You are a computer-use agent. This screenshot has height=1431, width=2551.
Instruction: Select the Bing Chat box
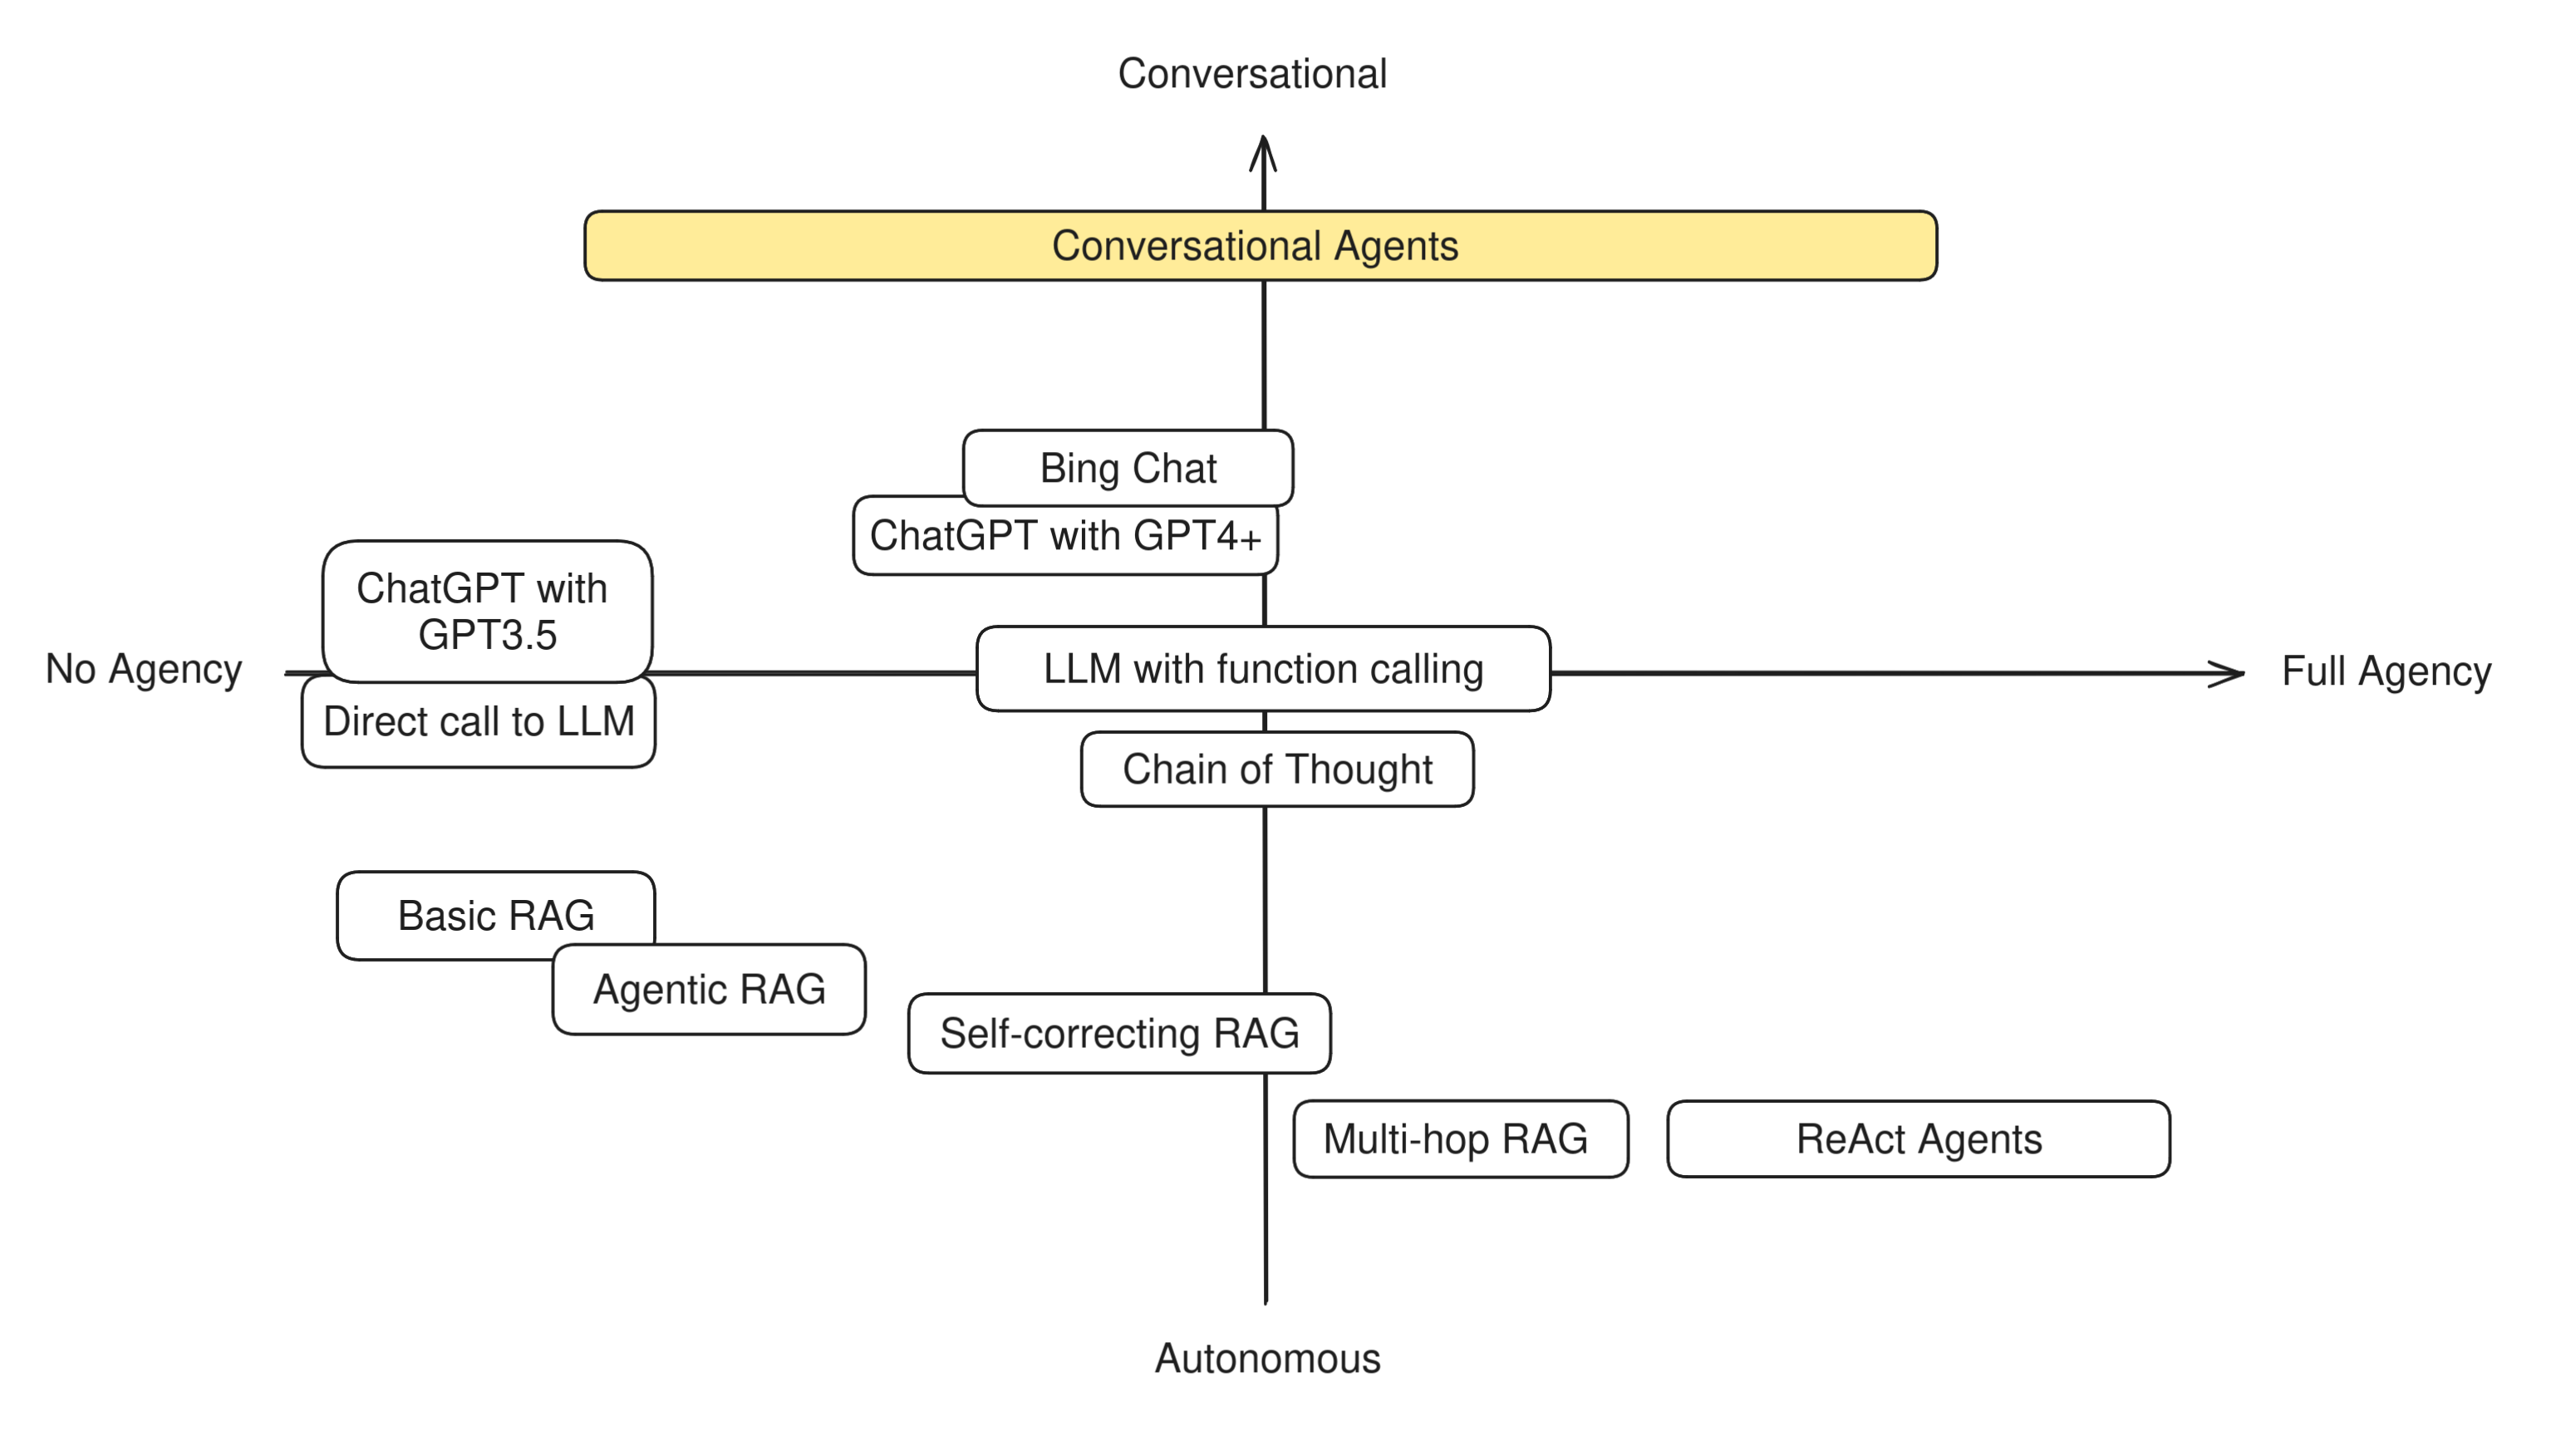(x=1128, y=467)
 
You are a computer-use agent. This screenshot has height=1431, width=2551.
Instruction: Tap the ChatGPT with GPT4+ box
(x=1064, y=536)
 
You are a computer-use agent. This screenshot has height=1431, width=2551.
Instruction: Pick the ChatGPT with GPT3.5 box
(x=486, y=610)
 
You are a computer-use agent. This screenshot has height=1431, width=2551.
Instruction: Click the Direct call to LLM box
(x=479, y=722)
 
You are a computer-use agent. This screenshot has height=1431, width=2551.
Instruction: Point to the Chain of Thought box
(x=1276, y=770)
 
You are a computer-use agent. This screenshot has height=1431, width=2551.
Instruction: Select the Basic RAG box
(x=495, y=915)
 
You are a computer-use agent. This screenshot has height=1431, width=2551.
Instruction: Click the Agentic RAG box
(x=709, y=990)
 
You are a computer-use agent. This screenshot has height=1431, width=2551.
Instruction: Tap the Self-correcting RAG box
(x=1119, y=1033)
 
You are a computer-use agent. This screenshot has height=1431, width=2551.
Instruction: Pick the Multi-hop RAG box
(x=1460, y=1138)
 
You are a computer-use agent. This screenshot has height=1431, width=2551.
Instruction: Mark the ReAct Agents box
(x=1918, y=1138)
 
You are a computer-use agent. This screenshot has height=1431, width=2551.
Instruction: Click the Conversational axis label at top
(x=1251, y=73)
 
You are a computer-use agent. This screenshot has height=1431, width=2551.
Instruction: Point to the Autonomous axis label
(x=1266, y=1359)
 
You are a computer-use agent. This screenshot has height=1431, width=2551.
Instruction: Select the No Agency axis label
(x=144, y=670)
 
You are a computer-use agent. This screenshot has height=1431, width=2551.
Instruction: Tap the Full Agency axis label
(x=2386, y=671)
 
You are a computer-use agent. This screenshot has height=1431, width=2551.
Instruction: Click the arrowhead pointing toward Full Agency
(x=2228, y=673)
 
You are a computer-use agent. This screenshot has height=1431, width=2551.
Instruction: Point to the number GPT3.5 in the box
(x=487, y=635)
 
